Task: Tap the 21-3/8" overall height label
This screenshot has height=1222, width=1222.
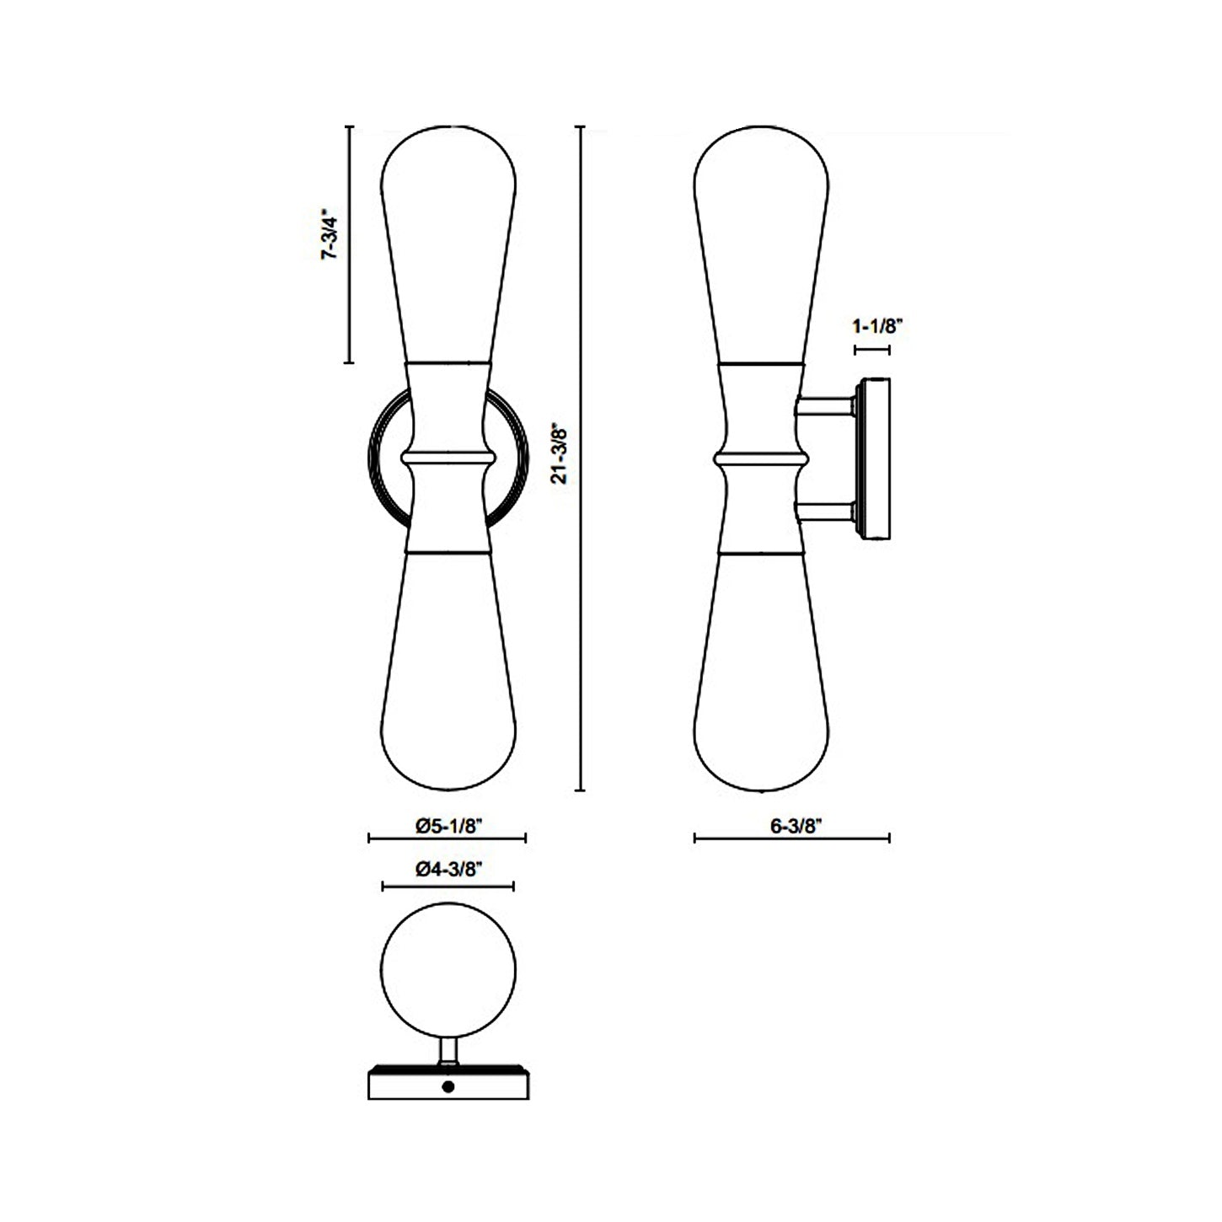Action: [558, 453]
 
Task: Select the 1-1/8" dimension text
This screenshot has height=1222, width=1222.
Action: [876, 325]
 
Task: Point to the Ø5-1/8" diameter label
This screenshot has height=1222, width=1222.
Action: [448, 827]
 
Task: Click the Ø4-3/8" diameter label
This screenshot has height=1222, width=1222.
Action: [448, 871]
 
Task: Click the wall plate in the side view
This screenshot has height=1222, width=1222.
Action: [874, 459]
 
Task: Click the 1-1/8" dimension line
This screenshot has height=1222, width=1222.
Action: [872, 348]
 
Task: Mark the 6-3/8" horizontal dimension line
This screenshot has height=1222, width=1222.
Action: [791, 838]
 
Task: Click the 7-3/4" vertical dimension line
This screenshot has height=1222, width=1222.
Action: [350, 244]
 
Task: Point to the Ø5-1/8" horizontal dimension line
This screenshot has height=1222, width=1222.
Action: [448, 838]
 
